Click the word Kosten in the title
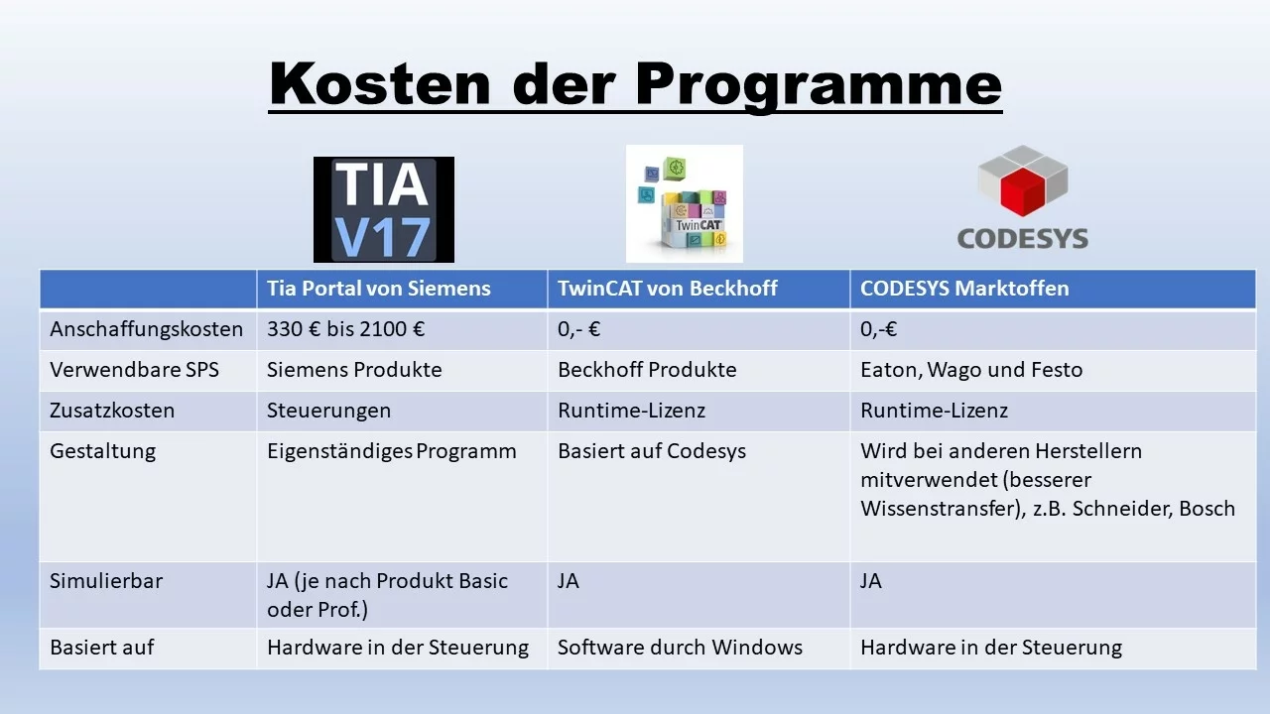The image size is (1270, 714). (x=380, y=84)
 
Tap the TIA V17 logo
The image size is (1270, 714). (x=384, y=209)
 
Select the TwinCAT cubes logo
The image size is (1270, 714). (x=685, y=203)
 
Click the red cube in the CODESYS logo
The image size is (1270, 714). (x=1022, y=192)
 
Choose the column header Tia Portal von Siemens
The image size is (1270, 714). (x=379, y=289)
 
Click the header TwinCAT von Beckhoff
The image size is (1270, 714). (x=668, y=289)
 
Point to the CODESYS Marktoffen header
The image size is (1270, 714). (x=964, y=289)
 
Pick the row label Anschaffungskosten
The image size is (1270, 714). (x=146, y=329)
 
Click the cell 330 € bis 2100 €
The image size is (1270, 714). (x=346, y=329)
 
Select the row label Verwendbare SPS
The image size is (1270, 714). (x=134, y=370)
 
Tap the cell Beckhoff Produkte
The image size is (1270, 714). (x=647, y=370)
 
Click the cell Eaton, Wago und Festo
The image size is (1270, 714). (x=971, y=370)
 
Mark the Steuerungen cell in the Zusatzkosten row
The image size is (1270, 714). (x=328, y=411)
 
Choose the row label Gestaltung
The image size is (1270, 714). (x=102, y=451)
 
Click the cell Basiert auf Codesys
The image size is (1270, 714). (x=652, y=451)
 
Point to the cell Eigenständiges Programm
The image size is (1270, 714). (x=392, y=451)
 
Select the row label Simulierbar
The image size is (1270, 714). (x=106, y=581)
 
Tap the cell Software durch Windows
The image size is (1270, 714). (x=680, y=648)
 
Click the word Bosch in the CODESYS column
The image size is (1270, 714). (x=1206, y=509)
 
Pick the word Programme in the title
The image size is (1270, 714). (x=819, y=85)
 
